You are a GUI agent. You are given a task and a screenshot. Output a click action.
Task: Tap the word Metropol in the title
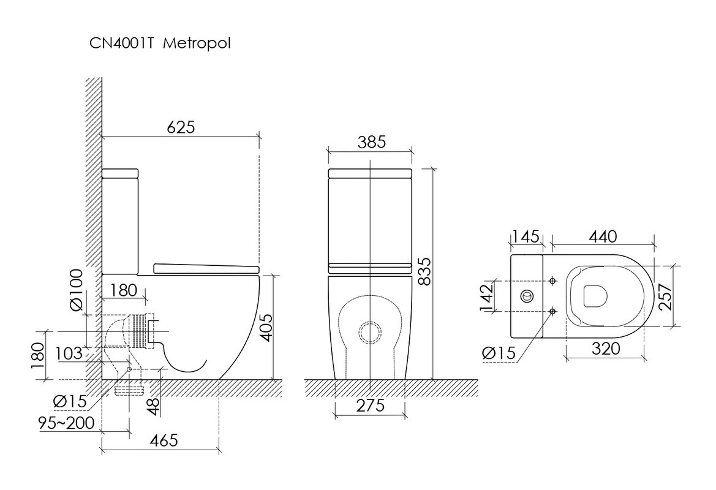pos(197,43)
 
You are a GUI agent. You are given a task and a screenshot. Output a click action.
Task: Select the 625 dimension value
pos(181,127)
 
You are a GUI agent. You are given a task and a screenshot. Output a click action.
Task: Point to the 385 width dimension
pos(371,142)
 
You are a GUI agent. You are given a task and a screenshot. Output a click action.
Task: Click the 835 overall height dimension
pos(424,271)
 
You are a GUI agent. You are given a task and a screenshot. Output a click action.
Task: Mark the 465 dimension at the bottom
pos(164,440)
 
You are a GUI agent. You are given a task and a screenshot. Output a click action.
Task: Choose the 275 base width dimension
pos(371,405)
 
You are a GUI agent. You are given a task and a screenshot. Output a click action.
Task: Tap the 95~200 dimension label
pos(67,423)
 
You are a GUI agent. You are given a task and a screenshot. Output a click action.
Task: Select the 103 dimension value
pos(69,353)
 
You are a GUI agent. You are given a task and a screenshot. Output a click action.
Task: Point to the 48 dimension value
pos(154,407)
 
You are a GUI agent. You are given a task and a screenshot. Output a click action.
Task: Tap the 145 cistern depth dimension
pos(525,236)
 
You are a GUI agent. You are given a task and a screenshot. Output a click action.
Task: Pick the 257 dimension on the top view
pos(666,296)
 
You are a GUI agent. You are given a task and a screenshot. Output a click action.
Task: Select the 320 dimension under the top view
pos(606,349)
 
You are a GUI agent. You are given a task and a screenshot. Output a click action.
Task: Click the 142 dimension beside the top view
pos(487,297)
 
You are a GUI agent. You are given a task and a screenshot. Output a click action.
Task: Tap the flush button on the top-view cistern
pos(527,296)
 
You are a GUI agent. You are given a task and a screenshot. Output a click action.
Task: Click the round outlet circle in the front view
pos(370,332)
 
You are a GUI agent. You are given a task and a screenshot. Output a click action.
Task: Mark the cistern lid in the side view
pos(120,173)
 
